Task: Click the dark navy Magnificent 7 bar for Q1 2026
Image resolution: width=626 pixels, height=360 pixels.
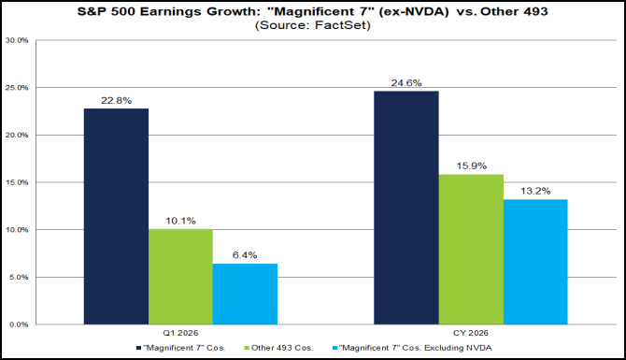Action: pyautogui.click(x=116, y=217)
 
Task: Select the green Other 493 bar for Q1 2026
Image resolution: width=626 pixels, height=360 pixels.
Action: pyautogui.click(x=180, y=277)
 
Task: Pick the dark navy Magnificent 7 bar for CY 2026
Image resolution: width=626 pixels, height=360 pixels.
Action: pyautogui.click(x=405, y=208)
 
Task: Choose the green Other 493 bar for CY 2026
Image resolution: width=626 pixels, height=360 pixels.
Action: pyautogui.click(x=470, y=249)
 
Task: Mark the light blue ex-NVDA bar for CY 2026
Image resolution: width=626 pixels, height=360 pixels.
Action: pyautogui.click(x=534, y=262)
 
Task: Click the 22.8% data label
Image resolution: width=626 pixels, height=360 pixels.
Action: pyautogui.click(x=116, y=100)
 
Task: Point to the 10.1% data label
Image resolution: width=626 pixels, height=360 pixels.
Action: pyautogui.click(x=180, y=221)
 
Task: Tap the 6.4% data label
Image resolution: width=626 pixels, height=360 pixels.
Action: pyautogui.click(x=245, y=255)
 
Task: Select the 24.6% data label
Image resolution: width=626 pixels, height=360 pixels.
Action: pyautogui.click(x=405, y=83)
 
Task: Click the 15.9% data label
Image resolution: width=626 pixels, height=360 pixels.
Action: pyautogui.click(x=470, y=166)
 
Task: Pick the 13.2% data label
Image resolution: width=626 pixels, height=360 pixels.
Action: pyautogui.click(x=534, y=191)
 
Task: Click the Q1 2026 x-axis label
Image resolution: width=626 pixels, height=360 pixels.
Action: pyautogui.click(x=180, y=333)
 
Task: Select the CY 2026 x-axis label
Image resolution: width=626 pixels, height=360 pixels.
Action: pyautogui.click(x=470, y=333)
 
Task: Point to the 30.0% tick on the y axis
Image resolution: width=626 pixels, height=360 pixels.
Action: pyautogui.click(x=18, y=41)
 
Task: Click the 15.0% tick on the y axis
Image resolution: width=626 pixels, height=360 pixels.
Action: pyautogui.click(x=18, y=182)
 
